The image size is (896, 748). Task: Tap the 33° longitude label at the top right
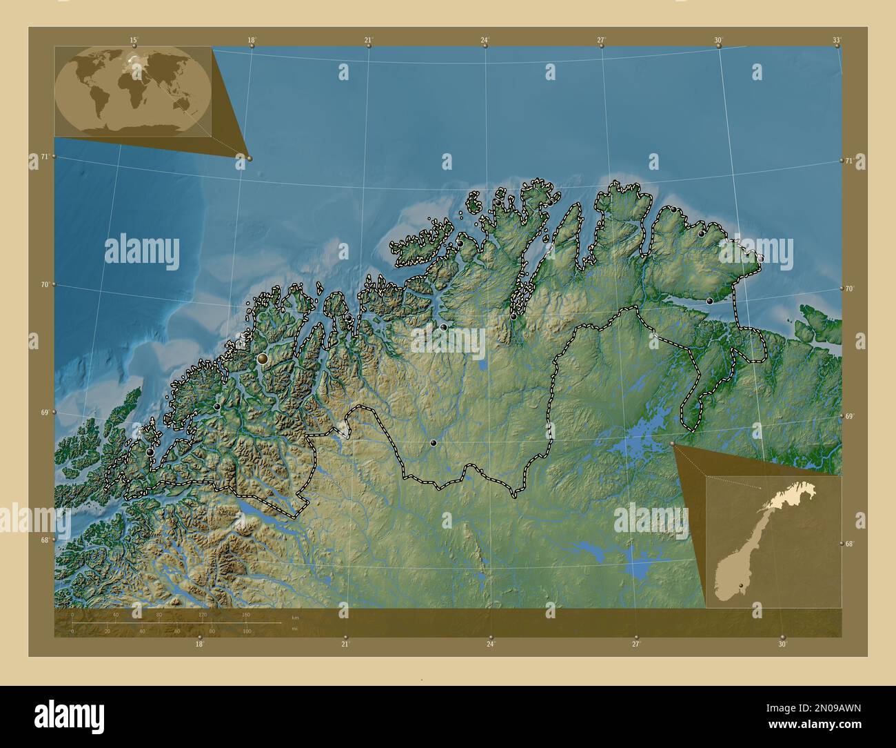pyautogui.click(x=837, y=40)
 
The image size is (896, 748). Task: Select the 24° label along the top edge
pyautogui.click(x=485, y=40)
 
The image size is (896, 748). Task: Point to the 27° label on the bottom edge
pyautogui.click(x=635, y=644)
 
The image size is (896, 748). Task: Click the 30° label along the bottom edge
pyautogui.click(x=782, y=644)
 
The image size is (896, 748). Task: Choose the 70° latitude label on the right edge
pyautogui.click(x=849, y=288)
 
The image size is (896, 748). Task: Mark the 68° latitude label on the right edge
pyautogui.click(x=849, y=544)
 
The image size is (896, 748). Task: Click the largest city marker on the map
pyautogui.click(x=263, y=359)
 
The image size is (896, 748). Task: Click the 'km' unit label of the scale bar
pyautogui.click(x=295, y=617)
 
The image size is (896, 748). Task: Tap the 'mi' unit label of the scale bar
pyautogui.click(x=295, y=629)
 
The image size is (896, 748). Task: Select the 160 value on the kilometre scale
pyautogui.click(x=245, y=614)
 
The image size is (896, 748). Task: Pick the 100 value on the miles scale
pyautogui.click(x=247, y=631)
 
